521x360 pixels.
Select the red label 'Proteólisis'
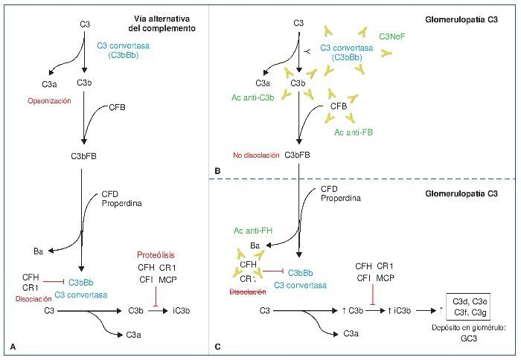pos(158,254)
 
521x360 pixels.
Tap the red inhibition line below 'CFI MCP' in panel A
pos(156,295)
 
